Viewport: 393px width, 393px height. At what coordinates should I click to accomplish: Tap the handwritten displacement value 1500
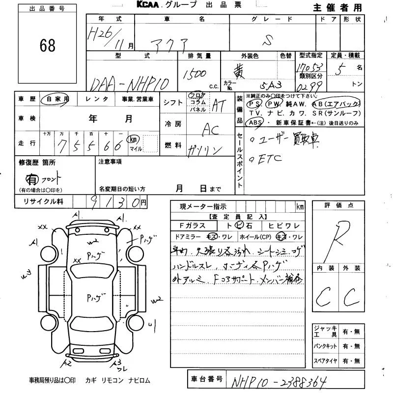[x=195, y=74]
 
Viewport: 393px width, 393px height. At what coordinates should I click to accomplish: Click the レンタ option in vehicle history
[x=97, y=99]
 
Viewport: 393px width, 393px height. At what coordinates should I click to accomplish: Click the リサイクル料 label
[x=41, y=202]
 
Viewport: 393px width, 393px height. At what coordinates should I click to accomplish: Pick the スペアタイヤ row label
[x=325, y=362]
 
